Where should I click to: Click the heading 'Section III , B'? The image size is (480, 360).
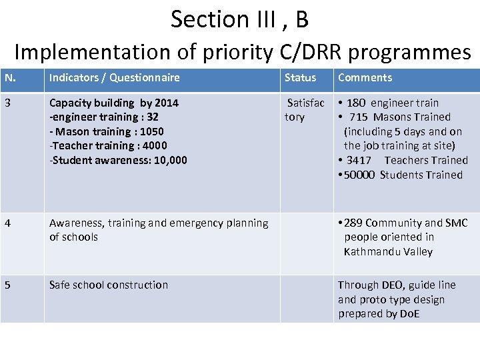point(239,19)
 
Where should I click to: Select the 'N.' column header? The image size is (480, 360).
point(10,78)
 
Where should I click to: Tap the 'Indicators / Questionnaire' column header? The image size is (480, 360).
point(114,78)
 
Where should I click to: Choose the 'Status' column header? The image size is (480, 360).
point(300,78)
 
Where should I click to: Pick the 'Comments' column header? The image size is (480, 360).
point(365,78)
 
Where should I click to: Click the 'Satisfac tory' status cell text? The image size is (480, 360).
point(304,110)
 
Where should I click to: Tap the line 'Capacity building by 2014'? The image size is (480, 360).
point(113,103)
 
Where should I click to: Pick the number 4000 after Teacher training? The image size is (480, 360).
point(155,146)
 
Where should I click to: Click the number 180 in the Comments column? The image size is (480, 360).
point(355,103)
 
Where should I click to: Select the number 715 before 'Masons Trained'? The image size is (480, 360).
point(358,117)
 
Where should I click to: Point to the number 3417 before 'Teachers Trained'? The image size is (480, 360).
point(359,161)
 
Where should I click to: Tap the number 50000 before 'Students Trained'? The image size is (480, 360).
point(360,175)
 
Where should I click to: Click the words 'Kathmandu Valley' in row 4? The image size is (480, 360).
point(388,252)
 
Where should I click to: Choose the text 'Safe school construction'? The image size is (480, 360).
point(109,285)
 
